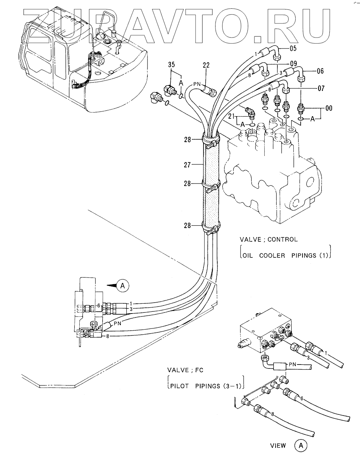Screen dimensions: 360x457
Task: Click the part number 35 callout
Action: click(x=171, y=64)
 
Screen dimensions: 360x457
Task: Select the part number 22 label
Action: click(x=206, y=65)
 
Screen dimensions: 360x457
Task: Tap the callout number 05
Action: click(x=293, y=48)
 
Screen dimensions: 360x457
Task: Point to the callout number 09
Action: click(x=293, y=63)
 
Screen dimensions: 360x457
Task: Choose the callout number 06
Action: click(x=321, y=71)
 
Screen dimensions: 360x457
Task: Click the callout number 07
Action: click(x=321, y=88)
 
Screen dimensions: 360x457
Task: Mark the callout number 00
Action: click(x=329, y=108)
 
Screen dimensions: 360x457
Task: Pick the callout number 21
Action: click(x=232, y=117)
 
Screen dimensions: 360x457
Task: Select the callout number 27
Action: click(x=187, y=165)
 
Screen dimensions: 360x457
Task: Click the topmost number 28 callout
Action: click(x=187, y=140)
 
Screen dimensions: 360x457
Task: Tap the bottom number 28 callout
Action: click(x=187, y=225)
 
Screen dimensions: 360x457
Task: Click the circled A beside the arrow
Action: click(x=123, y=286)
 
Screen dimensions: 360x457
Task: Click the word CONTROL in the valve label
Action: click(x=282, y=240)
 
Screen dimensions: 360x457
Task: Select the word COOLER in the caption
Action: click(x=272, y=256)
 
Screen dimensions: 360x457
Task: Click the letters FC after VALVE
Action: click(x=199, y=370)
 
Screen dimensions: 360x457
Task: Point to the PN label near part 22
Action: click(x=197, y=84)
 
